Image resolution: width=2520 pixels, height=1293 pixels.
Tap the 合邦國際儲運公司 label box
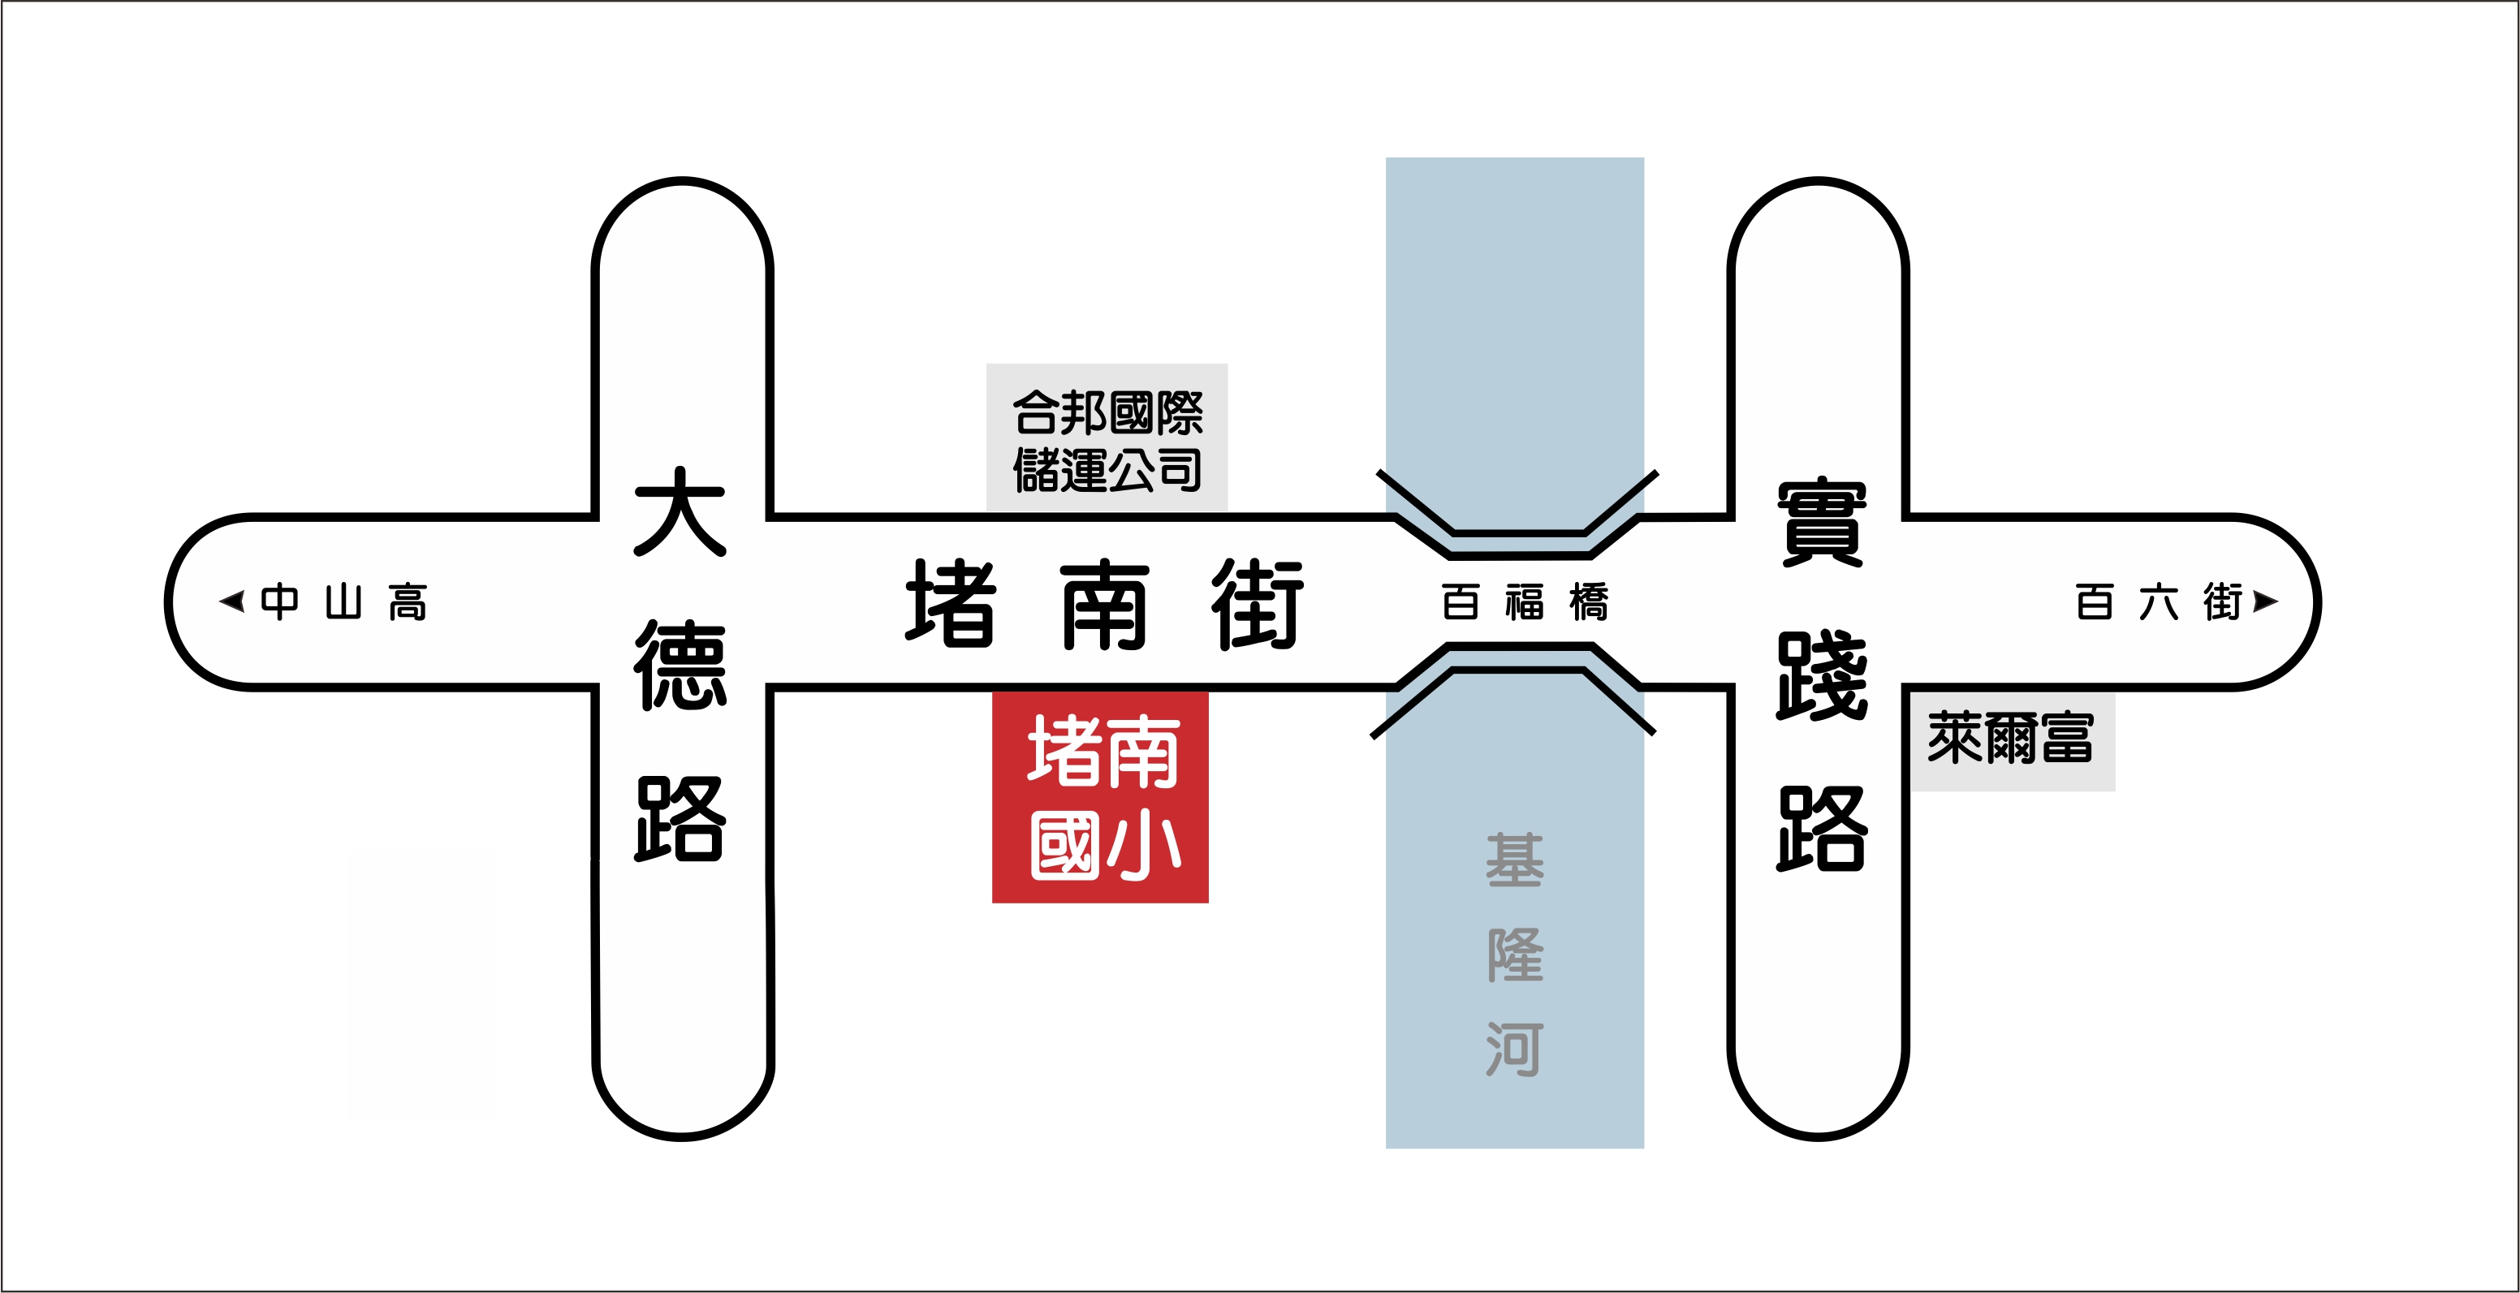pos(1107,438)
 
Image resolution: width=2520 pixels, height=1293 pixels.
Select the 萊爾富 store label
pos(2010,739)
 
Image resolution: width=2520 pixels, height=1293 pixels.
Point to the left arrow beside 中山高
pos(233,601)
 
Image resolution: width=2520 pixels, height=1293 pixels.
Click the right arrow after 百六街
pos(2266,601)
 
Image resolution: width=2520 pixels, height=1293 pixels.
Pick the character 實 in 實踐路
pos(1822,524)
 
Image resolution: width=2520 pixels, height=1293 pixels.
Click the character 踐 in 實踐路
pos(1822,677)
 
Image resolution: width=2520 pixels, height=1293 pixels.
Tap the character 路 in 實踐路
pos(1822,830)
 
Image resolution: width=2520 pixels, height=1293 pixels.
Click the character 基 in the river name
pos(1514,860)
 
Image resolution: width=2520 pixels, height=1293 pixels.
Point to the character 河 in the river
pos(1514,1049)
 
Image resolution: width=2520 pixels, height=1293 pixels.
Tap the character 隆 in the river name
pos(1514,955)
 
